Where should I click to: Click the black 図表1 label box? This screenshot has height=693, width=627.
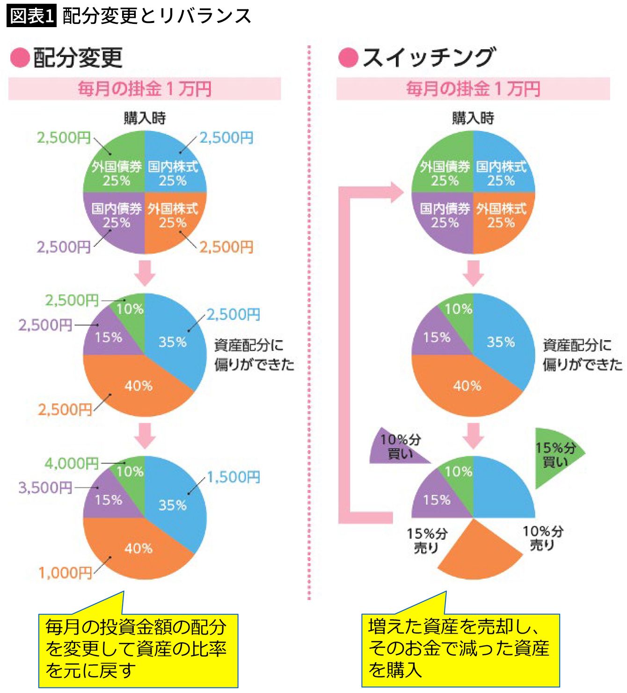coord(31,16)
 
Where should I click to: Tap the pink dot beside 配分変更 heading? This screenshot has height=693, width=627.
coord(20,58)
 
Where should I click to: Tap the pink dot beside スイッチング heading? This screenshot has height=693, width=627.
coord(348,58)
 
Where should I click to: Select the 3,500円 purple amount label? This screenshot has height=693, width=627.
coord(45,488)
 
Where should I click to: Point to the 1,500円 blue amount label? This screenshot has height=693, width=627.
coord(233,477)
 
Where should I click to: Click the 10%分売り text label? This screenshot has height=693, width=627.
coord(543,538)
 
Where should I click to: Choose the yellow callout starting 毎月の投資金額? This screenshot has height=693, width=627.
coord(138,651)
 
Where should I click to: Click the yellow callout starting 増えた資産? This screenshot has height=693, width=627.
coord(460,651)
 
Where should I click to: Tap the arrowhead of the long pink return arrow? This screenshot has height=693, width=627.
coord(397,192)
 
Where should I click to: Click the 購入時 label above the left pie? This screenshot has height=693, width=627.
coord(145,118)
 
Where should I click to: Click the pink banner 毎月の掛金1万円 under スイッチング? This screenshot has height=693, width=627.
coord(473,89)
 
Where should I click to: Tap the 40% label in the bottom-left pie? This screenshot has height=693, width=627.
coord(139,548)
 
